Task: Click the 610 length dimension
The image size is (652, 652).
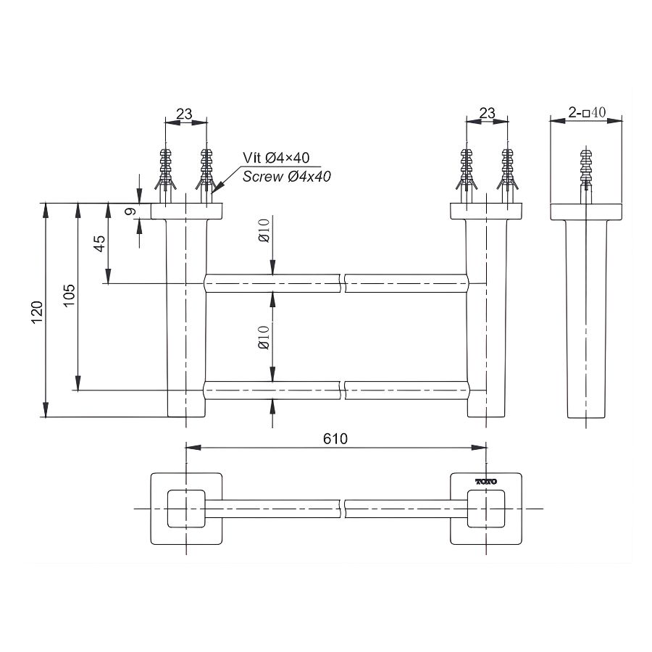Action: coord(336,438)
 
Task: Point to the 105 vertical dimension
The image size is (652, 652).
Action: coord(70,296)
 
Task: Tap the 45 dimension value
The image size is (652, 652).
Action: coord(101,242)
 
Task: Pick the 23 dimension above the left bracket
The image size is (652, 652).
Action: coord(185,113)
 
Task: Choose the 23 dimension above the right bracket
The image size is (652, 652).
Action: coord(487,113)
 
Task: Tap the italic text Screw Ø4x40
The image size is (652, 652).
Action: coord(287,176)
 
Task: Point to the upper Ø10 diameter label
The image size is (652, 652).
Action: coord(264,232)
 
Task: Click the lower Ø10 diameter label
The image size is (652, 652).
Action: coord(264,338)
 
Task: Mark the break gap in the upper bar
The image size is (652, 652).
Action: coord(343,283)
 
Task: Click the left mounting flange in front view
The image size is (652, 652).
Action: coord(186,211)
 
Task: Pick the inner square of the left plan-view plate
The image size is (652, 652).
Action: coord(186,509)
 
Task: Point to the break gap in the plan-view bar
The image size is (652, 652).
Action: coord(343,509)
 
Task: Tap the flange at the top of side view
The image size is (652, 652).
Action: coord(586,212)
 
